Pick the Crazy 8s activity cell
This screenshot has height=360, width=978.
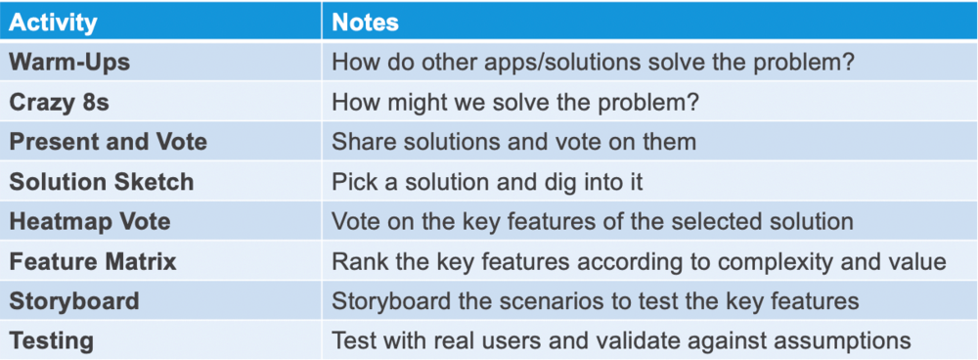click(x=59, y=101)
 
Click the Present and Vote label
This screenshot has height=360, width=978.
click(x=108, y=141)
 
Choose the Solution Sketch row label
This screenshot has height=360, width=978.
click(x=102, y=181)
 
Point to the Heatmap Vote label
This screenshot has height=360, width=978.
click(x=90, y=221)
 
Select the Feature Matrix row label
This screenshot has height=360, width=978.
click(x=93, y=261)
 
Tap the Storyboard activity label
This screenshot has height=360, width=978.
click(x=74, y=301)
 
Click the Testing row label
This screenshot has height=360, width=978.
click(x=52, y=341)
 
